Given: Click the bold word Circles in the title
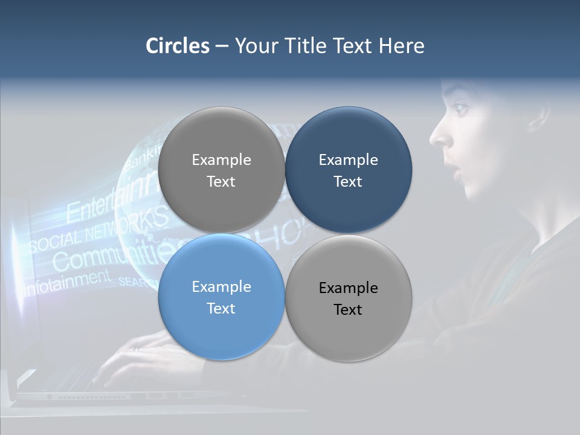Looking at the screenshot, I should click(x=178, y=46).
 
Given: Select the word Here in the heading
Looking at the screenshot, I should click(x=401, y=46).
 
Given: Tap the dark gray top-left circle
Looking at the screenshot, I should click(x=221, y=170).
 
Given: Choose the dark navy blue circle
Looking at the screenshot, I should click(x=348, y=170).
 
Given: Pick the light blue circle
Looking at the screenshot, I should click(x=221, y=297).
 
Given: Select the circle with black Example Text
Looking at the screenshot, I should click(x=348, y=298).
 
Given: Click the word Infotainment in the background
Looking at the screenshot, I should click(x=66, y=282).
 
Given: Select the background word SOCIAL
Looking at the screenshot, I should click(x=54, y=241).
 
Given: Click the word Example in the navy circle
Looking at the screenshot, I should click(x=348, y=159).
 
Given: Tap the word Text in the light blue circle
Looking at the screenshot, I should click(x=221, y=308).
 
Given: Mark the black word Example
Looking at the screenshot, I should click(x=348, y=288).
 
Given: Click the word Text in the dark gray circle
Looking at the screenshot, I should click(x=221, y=181).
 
